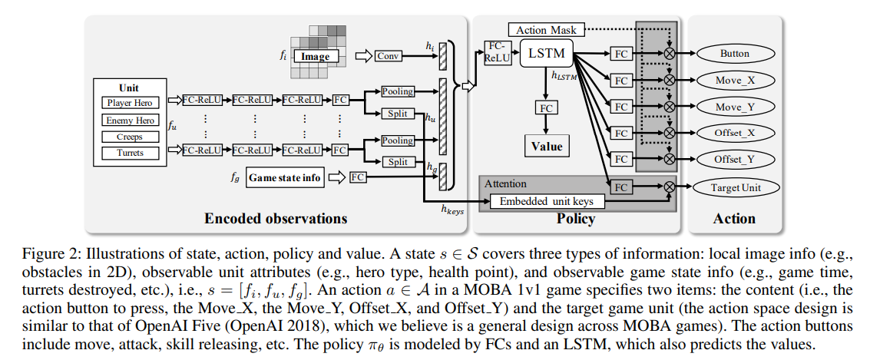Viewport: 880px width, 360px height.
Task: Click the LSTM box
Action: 547,54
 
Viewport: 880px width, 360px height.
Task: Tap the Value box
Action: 546,146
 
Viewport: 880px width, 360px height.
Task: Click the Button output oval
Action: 734,54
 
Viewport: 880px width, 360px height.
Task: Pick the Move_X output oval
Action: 734,81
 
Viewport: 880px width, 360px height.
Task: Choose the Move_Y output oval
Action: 734,107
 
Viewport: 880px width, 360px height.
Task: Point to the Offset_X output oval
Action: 734,133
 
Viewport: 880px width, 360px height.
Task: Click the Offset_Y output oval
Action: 734,159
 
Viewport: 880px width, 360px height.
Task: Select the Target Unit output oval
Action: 734,187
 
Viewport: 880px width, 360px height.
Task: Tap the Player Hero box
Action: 130,103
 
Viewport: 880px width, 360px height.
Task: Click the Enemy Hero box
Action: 130,120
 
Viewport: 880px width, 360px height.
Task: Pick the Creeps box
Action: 130,136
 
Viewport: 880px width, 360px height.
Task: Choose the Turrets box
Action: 130,153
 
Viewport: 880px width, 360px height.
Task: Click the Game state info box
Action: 284,177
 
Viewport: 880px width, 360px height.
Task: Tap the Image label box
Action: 315,56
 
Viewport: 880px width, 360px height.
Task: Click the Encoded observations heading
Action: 276,219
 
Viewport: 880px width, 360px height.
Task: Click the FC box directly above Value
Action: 546,108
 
